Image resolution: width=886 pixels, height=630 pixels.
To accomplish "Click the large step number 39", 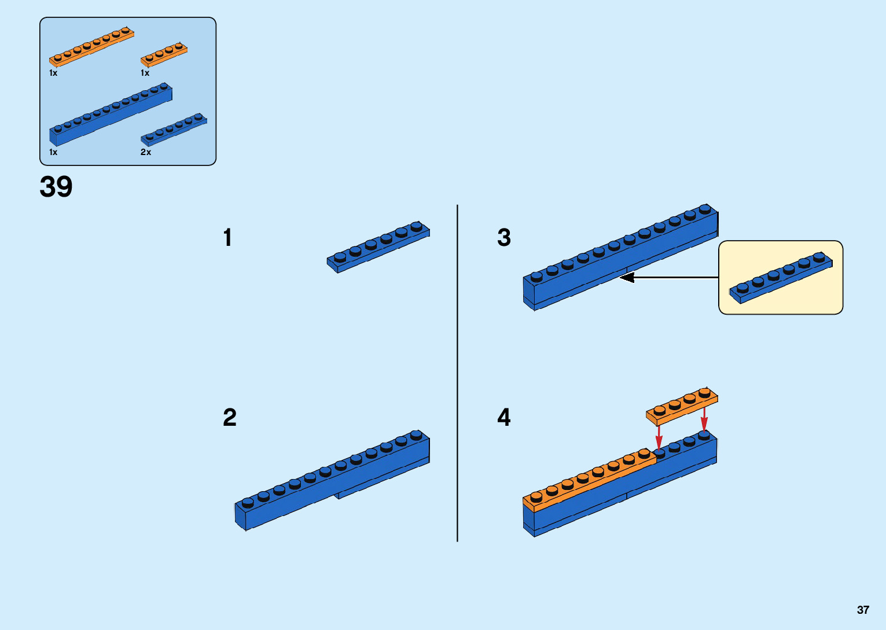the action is point(56,187).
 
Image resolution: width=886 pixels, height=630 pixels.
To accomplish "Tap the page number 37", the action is point(863,610).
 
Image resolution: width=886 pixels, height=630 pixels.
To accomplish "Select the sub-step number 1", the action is point(227,238).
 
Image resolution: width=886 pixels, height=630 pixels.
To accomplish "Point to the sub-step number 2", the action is point(229,417).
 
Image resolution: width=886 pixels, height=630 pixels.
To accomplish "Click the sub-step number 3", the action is point(503,238).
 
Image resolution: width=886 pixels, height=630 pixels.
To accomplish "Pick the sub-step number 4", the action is point(503,417).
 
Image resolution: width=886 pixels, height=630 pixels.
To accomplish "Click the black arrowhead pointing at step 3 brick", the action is point(626,278).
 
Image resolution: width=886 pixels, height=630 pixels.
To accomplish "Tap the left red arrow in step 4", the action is point(659,437).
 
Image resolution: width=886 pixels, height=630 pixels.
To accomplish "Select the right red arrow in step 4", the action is point(704,419).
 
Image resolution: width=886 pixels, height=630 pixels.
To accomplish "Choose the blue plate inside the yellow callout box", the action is point(780,278).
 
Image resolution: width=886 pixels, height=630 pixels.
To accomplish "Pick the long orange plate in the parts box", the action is point(91,47).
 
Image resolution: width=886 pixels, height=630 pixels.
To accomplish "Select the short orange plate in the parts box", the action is point(164,54).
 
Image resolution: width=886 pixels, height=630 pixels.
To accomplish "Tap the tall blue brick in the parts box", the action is point(110,115).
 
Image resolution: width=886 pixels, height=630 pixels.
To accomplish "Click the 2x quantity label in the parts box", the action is point(146,152).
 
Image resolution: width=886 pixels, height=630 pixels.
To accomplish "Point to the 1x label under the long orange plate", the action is point(53,73).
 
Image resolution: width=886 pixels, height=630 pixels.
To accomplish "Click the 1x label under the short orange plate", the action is point(145,73).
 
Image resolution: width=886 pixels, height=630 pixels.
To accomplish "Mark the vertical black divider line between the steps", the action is point(457,373).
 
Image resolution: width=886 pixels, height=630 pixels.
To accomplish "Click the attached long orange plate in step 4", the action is point(589,480).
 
